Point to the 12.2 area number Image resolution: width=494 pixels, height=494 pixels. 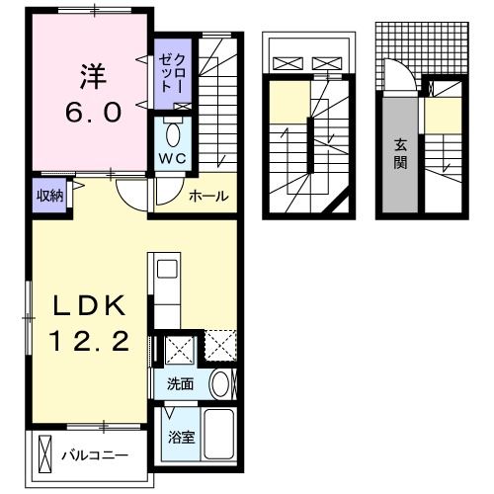coord(90,342)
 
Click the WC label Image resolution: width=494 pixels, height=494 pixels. coord(174,159)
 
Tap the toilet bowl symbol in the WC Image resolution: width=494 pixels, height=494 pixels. coord(174,131)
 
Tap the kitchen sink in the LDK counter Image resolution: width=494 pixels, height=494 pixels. coord(165,270)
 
